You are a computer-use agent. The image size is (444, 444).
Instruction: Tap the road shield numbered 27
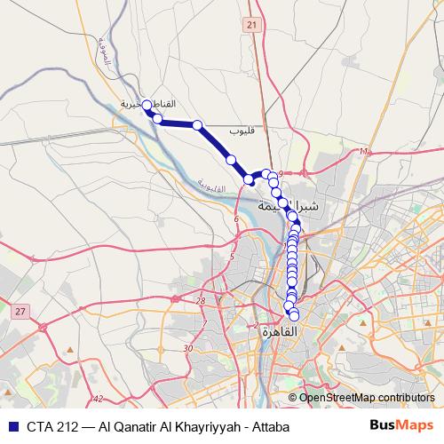coord(20,310)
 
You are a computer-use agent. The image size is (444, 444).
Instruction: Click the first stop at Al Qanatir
coord(148,105)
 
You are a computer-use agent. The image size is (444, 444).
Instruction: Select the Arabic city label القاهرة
coord(279,331)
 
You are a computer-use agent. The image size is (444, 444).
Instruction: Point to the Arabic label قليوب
coord(242,131)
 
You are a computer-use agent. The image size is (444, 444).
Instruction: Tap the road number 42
coord(98,400)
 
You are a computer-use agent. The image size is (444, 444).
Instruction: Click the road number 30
coord(187,348)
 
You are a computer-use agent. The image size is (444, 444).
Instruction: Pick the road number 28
coord(201,302)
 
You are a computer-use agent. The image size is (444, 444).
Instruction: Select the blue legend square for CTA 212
coord(14,426)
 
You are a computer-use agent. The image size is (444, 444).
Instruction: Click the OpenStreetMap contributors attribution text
coord(367,398)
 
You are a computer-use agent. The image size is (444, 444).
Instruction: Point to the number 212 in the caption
coord(66,426)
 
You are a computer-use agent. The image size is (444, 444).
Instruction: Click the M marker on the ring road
coord(364,152)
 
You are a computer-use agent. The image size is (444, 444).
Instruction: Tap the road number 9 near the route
coord(280,173)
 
